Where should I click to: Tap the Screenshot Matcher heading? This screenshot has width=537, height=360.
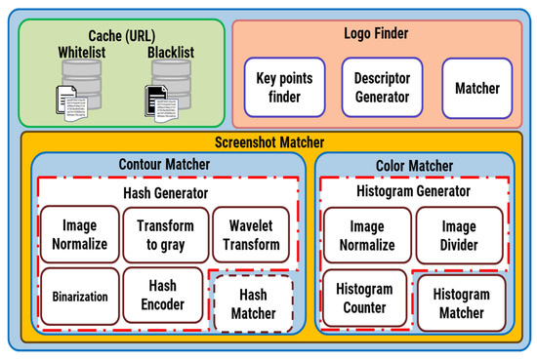268,142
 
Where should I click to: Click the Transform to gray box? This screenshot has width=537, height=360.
165,235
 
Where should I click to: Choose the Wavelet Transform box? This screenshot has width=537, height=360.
251,235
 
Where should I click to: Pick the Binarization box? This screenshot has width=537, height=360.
79,295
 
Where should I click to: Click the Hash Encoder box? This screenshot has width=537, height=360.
164,295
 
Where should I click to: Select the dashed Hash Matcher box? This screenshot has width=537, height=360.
251,303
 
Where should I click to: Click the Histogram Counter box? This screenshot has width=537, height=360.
363,300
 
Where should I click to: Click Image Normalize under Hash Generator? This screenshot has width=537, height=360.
79,235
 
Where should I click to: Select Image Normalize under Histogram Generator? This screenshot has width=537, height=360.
363,235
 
